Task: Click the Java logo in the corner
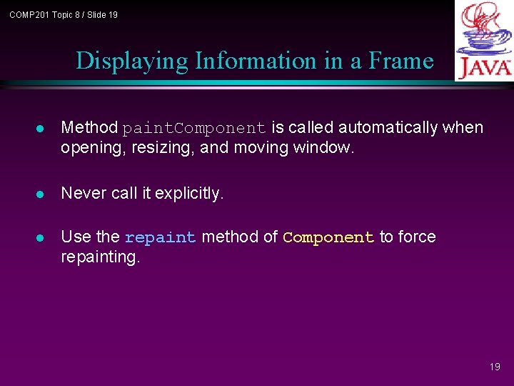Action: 483,41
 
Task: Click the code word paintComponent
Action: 194,129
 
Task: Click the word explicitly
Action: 189,193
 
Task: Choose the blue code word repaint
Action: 160,238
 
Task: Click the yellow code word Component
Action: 328,238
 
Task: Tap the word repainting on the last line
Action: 101,257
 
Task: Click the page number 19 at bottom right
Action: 495,367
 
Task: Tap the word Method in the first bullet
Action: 89,128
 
